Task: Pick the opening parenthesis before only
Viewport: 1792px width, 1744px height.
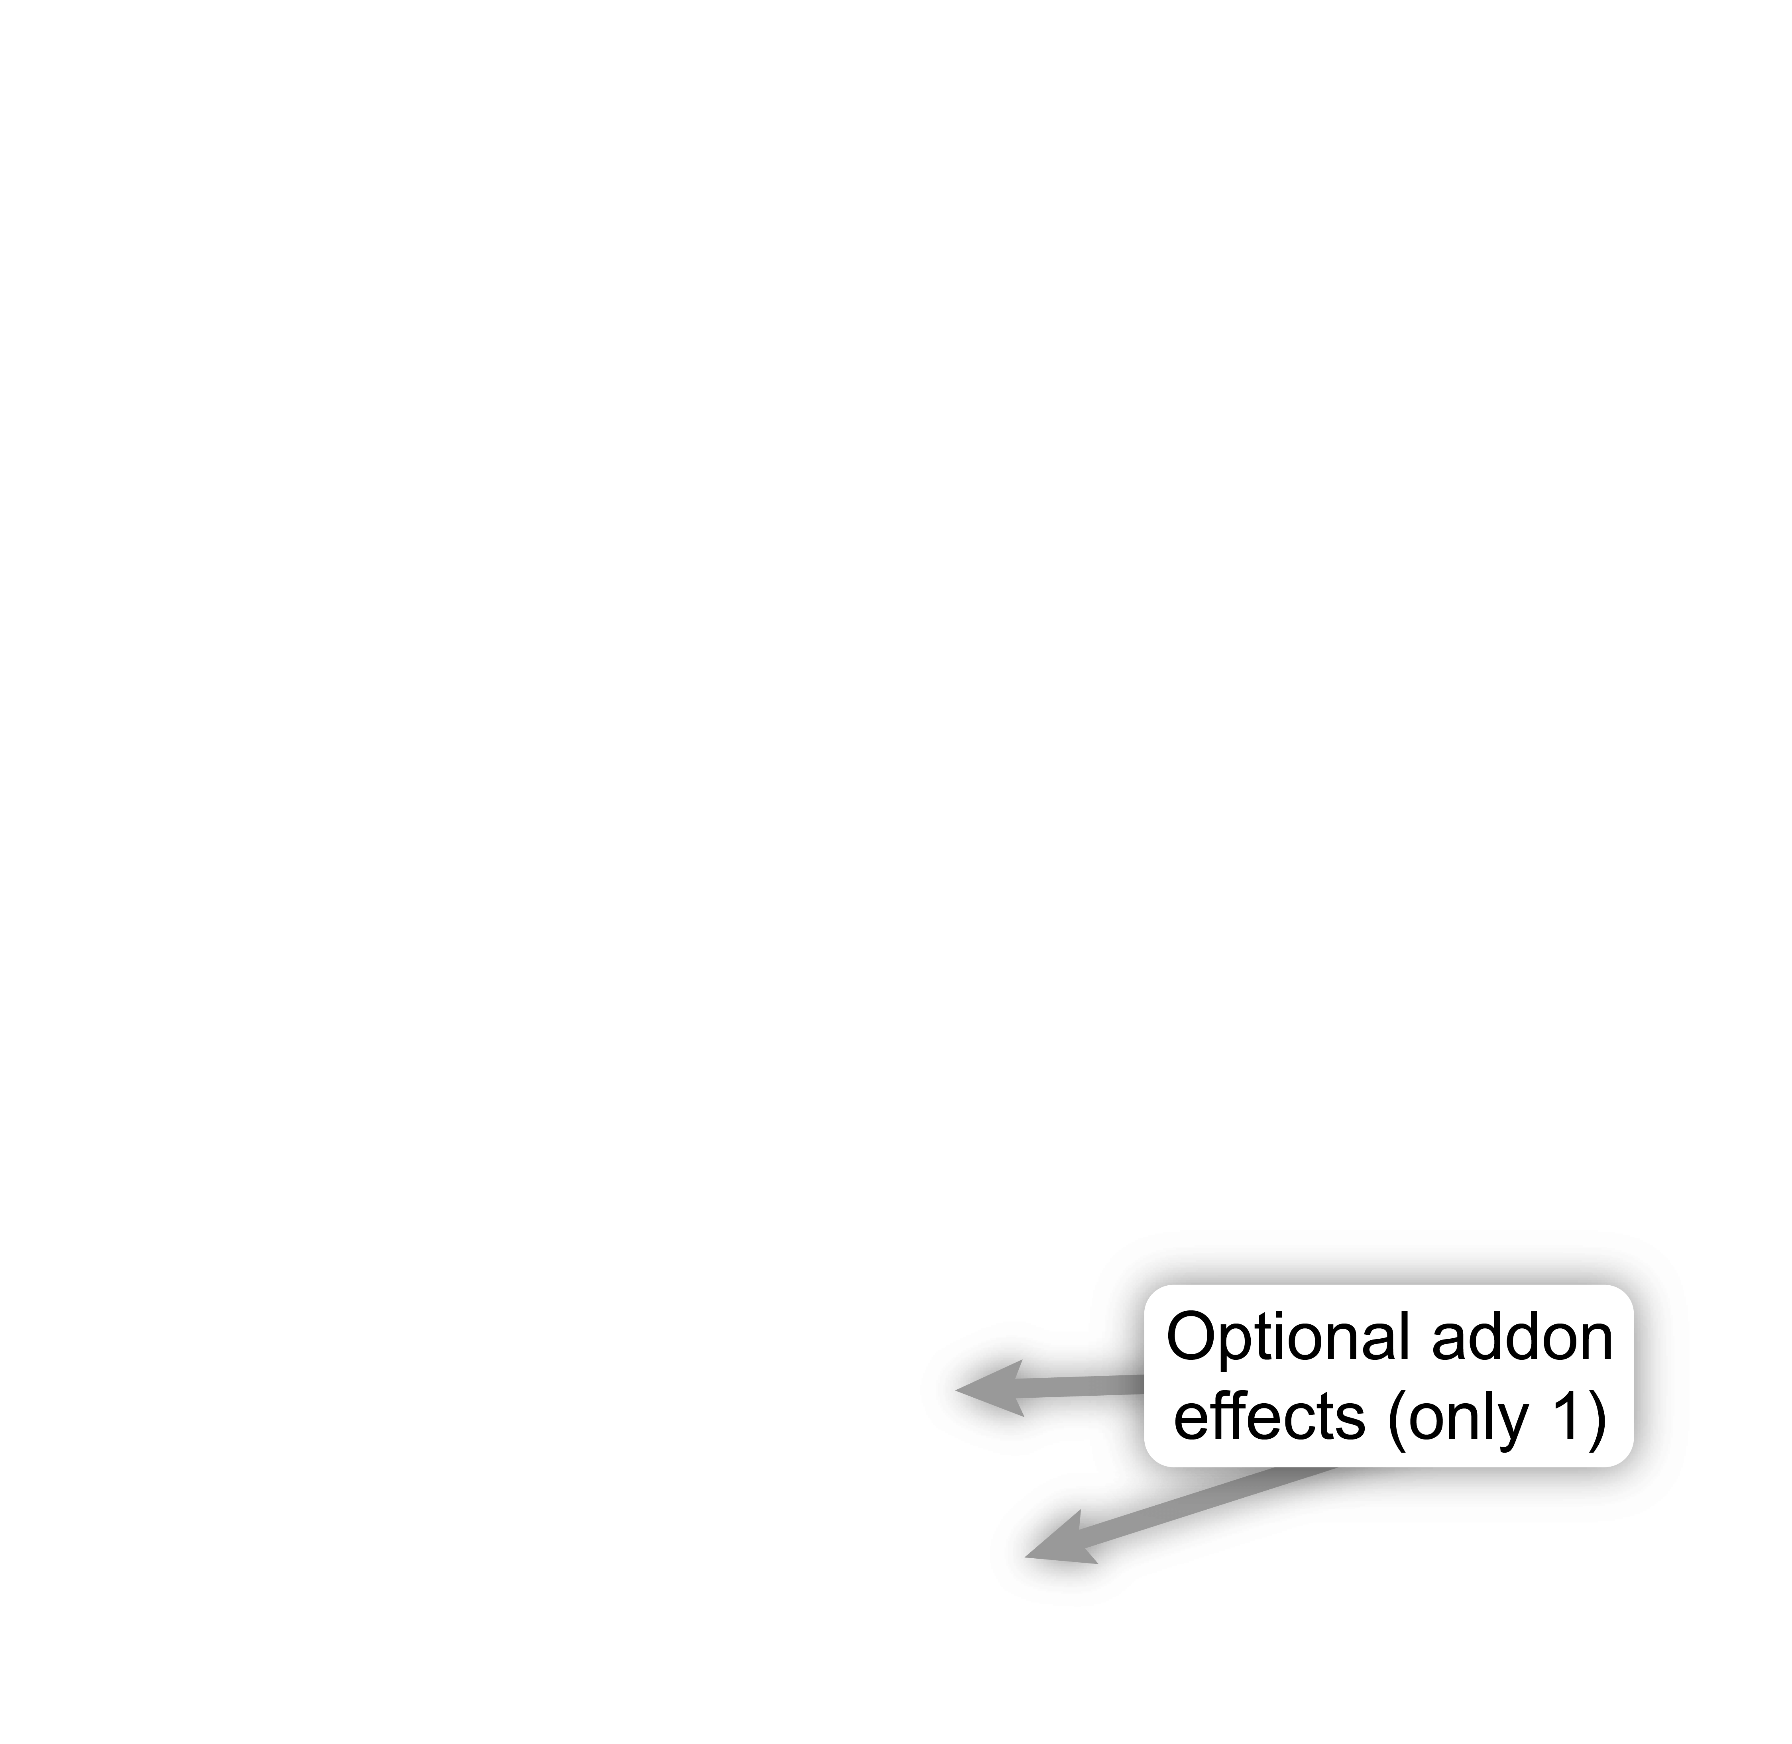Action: click(x=1397, y=1422)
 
